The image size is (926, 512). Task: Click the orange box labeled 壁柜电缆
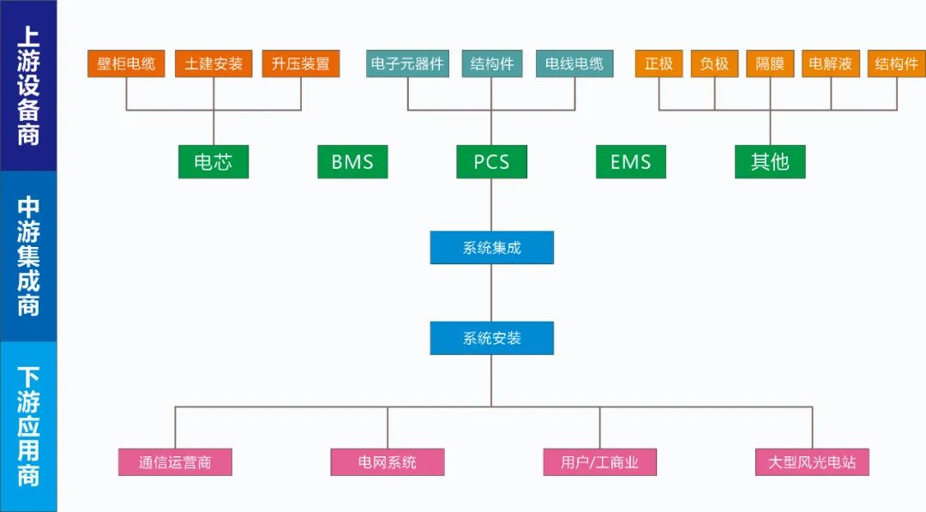[x=126, y=64]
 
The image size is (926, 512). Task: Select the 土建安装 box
[x=213, y=64]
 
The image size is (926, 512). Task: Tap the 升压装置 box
[x=301, y=64]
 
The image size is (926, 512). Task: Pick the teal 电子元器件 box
[x=407, y=64]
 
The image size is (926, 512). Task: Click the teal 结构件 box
[x=491, y=64]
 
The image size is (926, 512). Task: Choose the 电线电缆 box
[x=574, y=64]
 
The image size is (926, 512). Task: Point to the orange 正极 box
[x=659, y=64]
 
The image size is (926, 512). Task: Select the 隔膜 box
[x=770, y=64]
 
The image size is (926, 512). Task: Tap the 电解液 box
[x=831, y=64]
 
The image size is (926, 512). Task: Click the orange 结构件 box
[x=897, y=64]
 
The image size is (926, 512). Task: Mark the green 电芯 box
[x=213, y=161]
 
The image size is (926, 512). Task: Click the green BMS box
[x=352, y=161]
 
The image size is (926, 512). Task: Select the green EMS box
[x=631, y=161]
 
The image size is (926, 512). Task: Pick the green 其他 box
[x=770, y=161]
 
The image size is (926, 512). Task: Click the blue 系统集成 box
[x=491, y=248]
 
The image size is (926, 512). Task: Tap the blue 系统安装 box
[x=491, y=338]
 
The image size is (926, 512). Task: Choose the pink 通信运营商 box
[x=175, y=462]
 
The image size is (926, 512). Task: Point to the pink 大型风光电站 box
[x=812, y=462]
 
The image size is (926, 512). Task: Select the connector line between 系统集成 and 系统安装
[x=491, y=292]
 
